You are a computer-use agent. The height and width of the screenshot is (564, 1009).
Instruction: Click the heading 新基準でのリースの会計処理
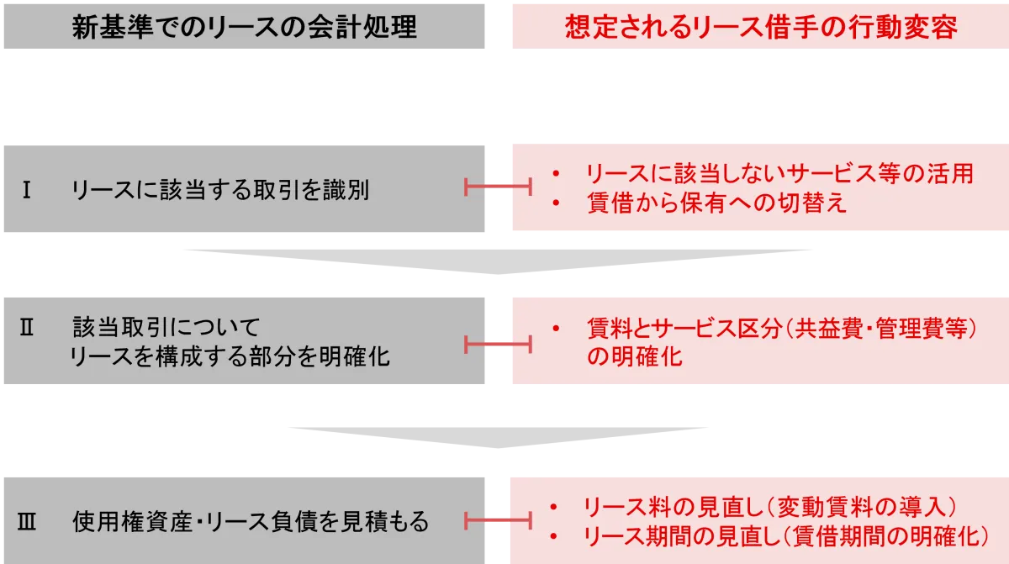tap(244, 27)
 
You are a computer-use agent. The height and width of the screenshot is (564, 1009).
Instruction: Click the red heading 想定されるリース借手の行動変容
tap(760, 27)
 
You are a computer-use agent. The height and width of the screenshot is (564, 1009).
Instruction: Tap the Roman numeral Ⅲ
tap(26, 522)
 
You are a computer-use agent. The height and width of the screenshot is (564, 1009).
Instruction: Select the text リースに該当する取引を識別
tap(220, 191)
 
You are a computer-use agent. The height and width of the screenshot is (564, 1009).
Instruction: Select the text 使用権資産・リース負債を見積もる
tap(251, 522)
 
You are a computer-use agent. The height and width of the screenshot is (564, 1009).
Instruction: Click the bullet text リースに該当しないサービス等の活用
tap(779, 174)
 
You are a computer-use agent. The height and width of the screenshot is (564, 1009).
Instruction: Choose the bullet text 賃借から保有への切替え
tap(716, 203)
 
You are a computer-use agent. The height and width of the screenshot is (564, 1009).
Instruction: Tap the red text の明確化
tap(635, 356)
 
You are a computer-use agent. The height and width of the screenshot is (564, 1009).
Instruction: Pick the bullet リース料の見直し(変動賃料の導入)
tap(770, 507)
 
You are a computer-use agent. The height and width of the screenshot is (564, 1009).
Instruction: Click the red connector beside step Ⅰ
tap(498, 187)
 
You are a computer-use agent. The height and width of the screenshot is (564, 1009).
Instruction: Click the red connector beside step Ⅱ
tap(498, 343)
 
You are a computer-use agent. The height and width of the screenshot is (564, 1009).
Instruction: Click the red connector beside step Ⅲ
tap(498, 521)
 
